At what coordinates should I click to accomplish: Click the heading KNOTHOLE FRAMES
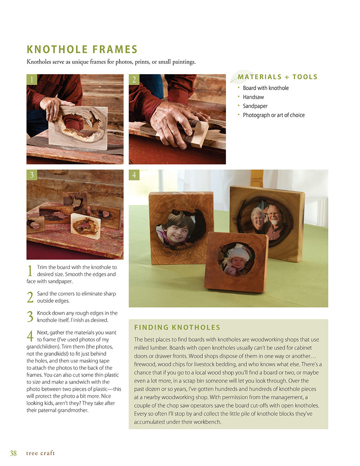pos(82,49)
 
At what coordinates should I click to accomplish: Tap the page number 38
pos(13,453)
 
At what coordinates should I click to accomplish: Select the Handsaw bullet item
pos(253,97)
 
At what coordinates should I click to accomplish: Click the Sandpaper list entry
pos(255,106)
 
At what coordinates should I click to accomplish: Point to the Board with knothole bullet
pos(266,88)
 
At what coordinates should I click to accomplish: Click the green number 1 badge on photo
pos(32,80)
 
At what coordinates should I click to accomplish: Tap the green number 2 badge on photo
pos(134,80)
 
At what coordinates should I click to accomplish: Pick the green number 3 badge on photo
pos(32,175)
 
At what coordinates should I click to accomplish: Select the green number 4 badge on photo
pos(134,175)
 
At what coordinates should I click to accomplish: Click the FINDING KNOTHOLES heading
pos(177,327)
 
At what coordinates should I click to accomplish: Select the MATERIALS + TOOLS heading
pos(278,77)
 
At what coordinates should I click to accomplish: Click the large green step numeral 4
pos(30,336)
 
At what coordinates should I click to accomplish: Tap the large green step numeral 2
pos(30,297)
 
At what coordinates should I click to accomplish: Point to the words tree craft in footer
pos(40,453)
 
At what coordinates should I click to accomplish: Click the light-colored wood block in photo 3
pos(86,226)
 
